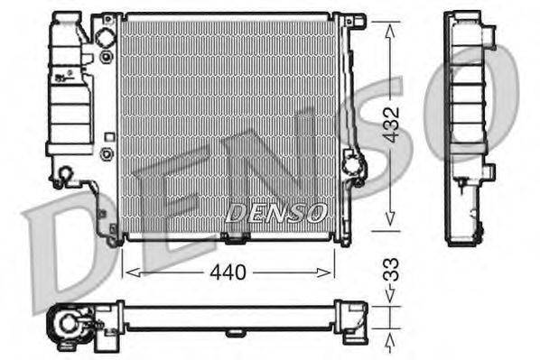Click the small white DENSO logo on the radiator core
tap(275, 213)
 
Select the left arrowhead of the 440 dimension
tap(126, 271)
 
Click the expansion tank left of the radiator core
tap(70, 90)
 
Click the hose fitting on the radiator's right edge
tap(354, 168)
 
